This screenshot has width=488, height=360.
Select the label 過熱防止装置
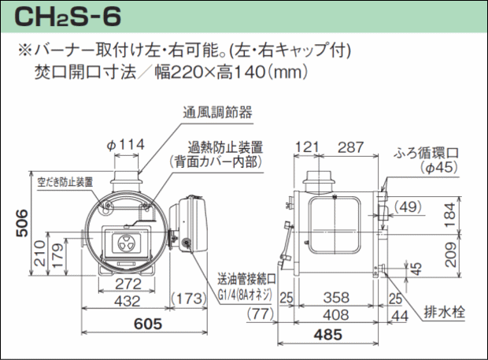pyautogui.click(x=225, y=147)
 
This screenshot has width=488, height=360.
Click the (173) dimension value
pyautogui.click(x=190, y=300)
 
